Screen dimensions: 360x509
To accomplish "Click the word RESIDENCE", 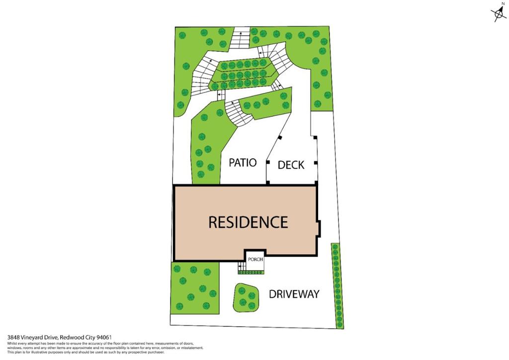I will pyautogui.click(x=248, y=222).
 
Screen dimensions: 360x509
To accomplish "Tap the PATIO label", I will pyautogui.click(x=243, y=163).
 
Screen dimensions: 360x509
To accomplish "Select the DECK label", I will pyautogui.click(x=291, y=165).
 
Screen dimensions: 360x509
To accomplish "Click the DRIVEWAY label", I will pyautogui.click(x=294, y=294).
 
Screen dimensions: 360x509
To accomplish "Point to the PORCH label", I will pyautogui.click(x=255, y=259).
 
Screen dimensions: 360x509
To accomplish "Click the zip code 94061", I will pyautogui.click(x=110, y=337).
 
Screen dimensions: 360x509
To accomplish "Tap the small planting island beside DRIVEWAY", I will pyautogui.click(x=246, y=297).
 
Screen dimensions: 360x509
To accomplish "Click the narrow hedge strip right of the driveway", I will pyautogui.click(x=337, y=285).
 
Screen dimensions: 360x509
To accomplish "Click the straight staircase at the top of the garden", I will pyautogui.click(x=239, y=39).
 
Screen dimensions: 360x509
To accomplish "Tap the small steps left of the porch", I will pyautogui.click(x=242, y=268).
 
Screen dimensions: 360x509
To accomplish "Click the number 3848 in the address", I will pyautogui.click(x=13, y=337).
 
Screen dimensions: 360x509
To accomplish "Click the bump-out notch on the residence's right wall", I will pyautogui.click(x=318, y=229).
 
